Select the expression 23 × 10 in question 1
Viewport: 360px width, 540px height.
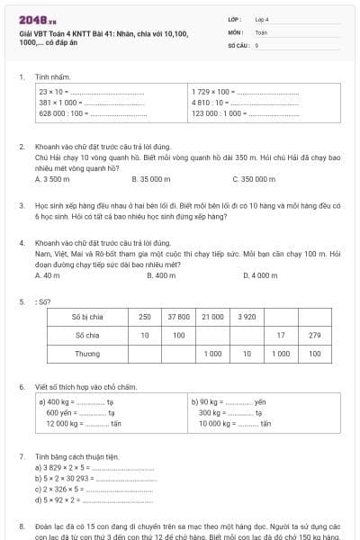52,91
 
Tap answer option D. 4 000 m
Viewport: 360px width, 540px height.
262,275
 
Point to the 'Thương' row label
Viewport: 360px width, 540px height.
86,354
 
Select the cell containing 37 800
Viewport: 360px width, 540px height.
178,317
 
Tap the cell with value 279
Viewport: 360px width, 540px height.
314,335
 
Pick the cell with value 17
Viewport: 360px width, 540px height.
281,335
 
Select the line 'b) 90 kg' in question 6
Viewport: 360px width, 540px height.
208,401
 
